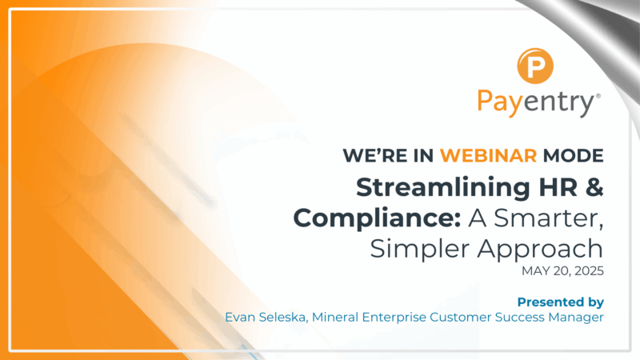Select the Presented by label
coord(560,302)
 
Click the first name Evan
coord(241,318)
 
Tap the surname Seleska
coord(284,318)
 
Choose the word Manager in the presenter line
coord(575,318)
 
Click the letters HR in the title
coord(551,187)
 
